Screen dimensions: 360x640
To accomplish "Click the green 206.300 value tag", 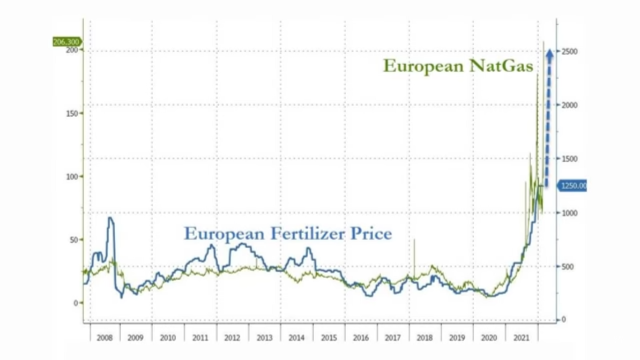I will [67, 42].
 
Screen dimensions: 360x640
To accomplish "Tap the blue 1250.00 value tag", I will [572, 186].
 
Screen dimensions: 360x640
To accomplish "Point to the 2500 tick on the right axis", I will [569, 51].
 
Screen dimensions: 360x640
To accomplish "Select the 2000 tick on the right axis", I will [569, 105].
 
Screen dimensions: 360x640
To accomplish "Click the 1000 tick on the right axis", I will [569, 213].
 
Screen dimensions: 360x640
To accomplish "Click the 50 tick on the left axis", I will [73, 240].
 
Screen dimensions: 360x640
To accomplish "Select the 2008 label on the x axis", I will [104, 338].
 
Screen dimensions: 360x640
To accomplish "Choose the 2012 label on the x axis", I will [232, 338].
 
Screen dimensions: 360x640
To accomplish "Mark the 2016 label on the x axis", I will [360, 338].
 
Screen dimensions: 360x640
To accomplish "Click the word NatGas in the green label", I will [501, 66].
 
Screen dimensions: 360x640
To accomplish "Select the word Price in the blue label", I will [371, 233].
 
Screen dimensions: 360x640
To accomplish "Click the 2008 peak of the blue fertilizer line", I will [110, 218].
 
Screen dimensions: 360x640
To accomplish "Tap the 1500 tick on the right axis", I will [569, 159].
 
